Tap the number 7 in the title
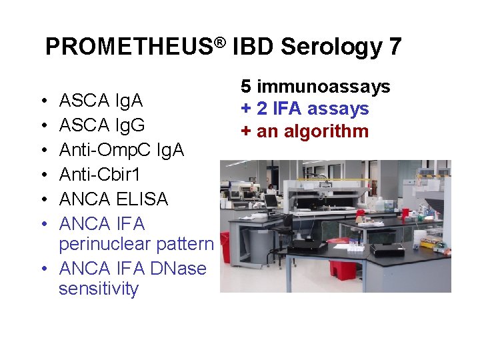(394, 47)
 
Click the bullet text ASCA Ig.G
(102, 125)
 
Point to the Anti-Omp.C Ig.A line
(121, 150)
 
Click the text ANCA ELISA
(113, 199)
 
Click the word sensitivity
(99, 289)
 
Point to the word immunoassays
(323, 87)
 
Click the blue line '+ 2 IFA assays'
(305, 109)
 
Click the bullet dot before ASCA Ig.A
(42, 101)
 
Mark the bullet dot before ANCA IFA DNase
(42, 269)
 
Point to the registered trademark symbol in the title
(219, 41)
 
